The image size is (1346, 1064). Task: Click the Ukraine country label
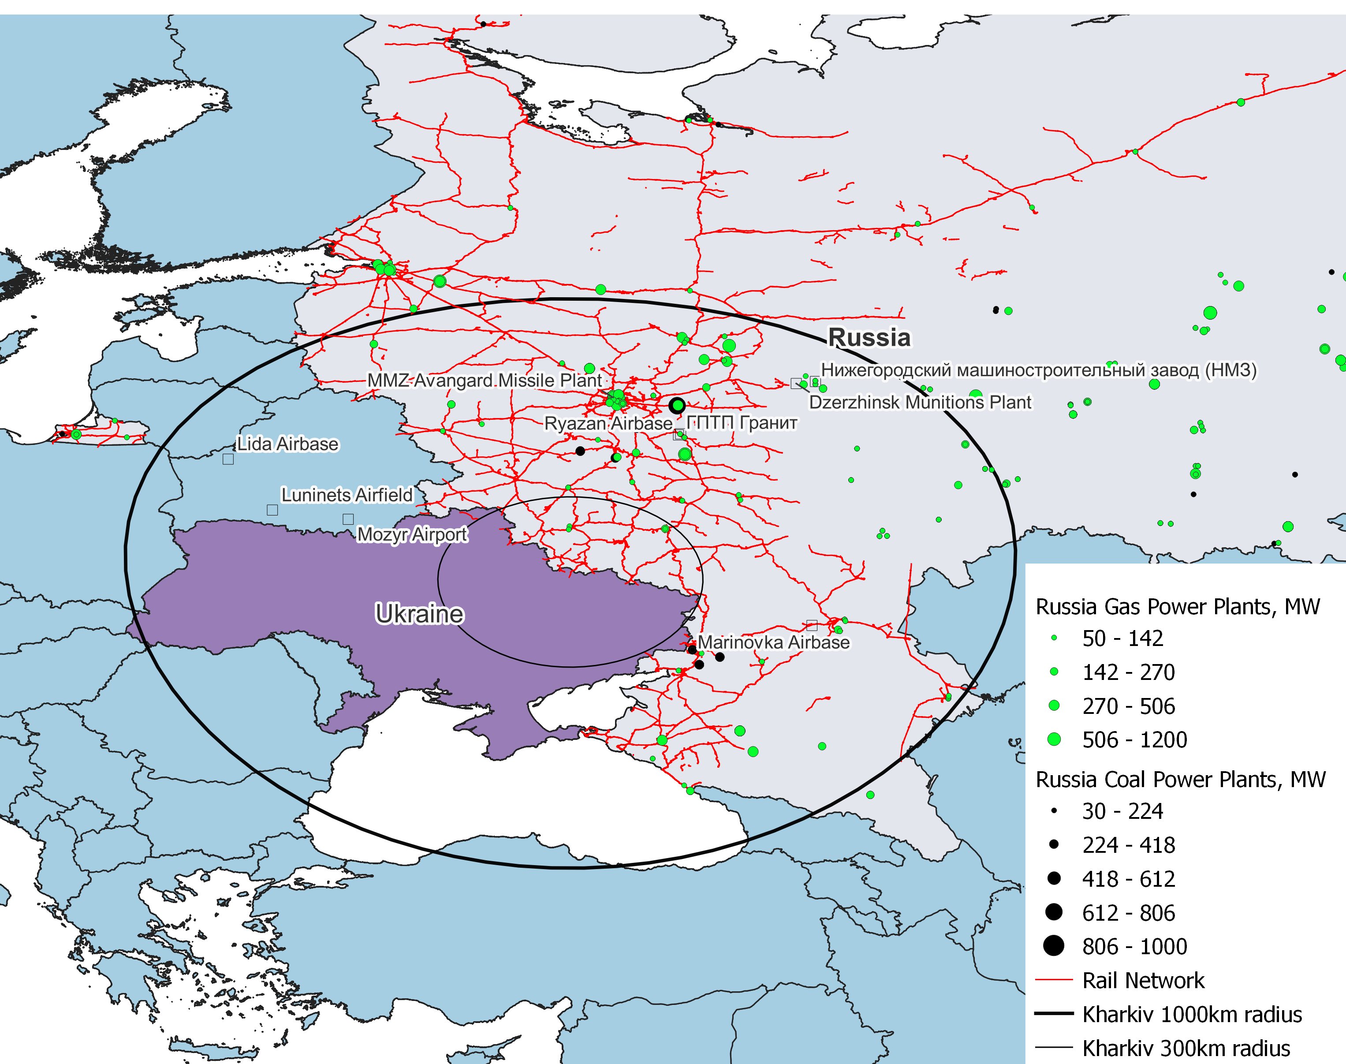(x=419, y=614)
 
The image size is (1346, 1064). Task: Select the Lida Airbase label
(x=288, y=444)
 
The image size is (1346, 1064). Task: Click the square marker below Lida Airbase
(x=228, y=459)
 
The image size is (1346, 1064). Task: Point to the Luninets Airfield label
(x=347, y=495)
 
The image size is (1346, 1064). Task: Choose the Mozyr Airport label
(x=412, y=534)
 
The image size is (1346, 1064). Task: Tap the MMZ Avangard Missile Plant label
(x=485, y=380)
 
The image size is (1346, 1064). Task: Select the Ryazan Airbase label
(x=608, y=424)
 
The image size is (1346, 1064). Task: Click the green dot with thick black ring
(x=677, y=406)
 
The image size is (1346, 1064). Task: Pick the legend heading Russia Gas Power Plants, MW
(x=1177, y=606)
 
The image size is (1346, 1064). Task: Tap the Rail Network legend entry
(x=1143, y=981)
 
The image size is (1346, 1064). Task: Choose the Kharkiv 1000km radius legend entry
(x=1192, y=1014)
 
